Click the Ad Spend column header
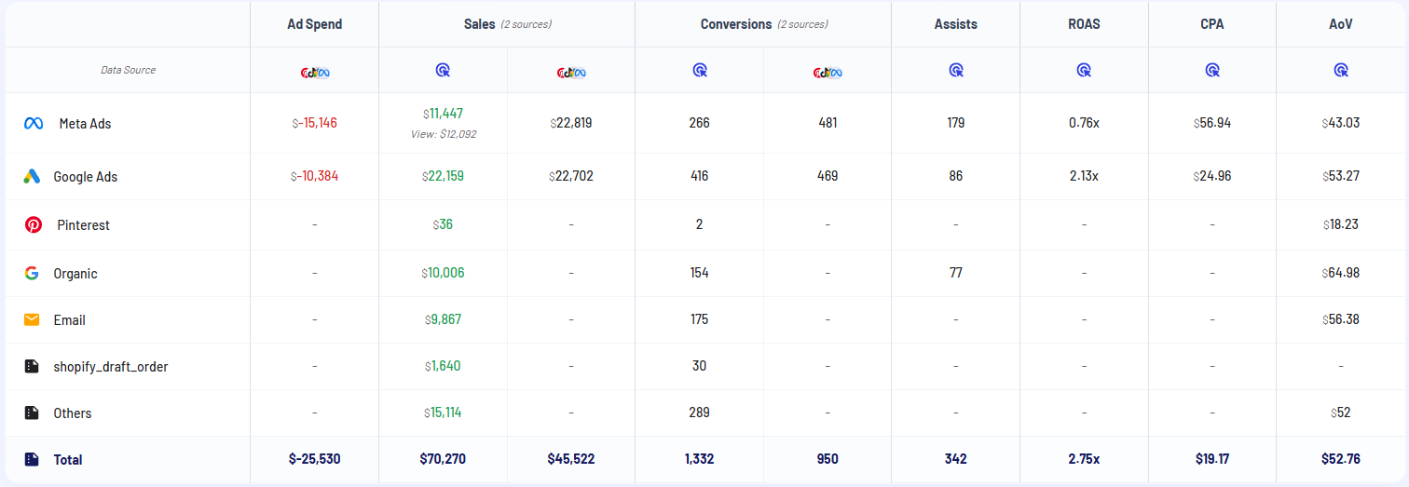click(x=314, y=24)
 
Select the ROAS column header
click(x=1084, y=24)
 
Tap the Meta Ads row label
click(x=85, y=123)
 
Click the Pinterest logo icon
click(x=33, y=224)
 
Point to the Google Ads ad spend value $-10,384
click(x=314, y=176)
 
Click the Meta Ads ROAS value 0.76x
click(x=1084, y=123)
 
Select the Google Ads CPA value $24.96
click(x=1212, y=176)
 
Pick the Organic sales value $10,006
click(x=443, y=273)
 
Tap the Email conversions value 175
click(x=699, y=319)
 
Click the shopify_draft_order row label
click(x=110, y=366)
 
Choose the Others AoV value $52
click(x=1340, y=413)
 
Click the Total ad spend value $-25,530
click(x=314, y=459)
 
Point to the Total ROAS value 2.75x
click(x=1084, y=459)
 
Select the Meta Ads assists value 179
click(x=955, y=123)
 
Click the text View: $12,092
click(x=443, y=134)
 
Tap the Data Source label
click(x=128, y=70)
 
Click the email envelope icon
click(x=33, y=319)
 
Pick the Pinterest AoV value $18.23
click(x=1340, y=224)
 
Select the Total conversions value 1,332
click(x=699, y=459)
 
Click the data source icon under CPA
click(x=1212, y=70)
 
